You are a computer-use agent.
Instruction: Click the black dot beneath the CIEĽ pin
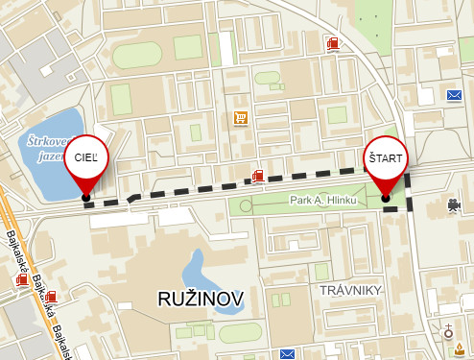coord(86,198)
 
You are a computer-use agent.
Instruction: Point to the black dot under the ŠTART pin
coord(386,199)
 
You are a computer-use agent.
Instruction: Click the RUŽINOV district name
coord(201,298)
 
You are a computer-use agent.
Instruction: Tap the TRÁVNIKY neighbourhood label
coord(351,290)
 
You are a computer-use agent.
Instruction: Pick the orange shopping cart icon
coord(240,119)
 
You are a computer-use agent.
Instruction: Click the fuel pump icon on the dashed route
coord(257,176)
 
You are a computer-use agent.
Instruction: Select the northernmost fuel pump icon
coord(332,43)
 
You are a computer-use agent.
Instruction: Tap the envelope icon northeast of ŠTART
coord(454,95)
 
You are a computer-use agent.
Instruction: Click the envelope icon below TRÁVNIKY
coord(286,354)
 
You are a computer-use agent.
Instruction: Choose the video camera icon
coord(451,204)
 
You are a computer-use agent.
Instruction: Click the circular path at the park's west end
coord(249,204)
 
